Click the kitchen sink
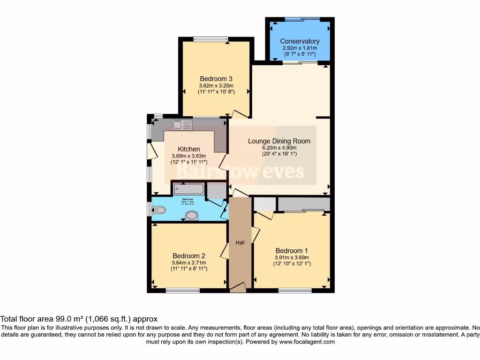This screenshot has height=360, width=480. pyautogui.click(x=182, y=125)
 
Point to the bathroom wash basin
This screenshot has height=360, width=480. pyautogui.click(x=192, y=216)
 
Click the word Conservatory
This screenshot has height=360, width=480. pyautogui.click(x=300, y=41)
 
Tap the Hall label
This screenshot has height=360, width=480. pyautogui.click(x=240, y=242)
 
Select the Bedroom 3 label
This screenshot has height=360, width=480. pyautogui.click(x=216, y=79)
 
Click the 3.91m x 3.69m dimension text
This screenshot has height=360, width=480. pyautogui.click(x=292, y=257)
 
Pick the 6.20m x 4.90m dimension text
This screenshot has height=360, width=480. pyautogui.click(x=279, y=148)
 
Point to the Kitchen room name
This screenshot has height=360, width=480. pyautogui.click(x=189, y=149)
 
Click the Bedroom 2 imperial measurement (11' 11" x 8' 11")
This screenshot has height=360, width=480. pyautogui.click(x=189, y=269)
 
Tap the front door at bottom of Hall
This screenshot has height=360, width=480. pyautogui.click(x=238, y=287)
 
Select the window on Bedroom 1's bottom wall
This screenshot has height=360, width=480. pyautogui.click(x=295, y=291)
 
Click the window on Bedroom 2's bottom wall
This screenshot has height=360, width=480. pyautogui.click(x=182, y=291)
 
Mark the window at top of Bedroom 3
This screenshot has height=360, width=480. pyautogui.click(x=210, y=39)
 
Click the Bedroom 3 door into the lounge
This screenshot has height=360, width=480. pyautogui.click(x=240, y=113)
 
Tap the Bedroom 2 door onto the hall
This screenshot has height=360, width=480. pyautogui.click(x=225, y=251)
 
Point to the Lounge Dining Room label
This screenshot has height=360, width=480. pyautogui.click(x=279, y=141)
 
